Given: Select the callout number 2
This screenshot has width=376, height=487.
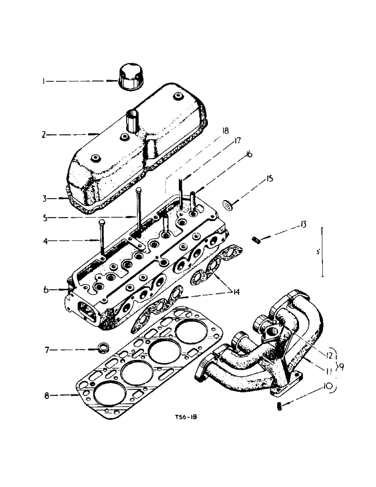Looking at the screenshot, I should (43, 134).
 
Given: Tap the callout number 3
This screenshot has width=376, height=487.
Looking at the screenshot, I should (43, 199).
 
